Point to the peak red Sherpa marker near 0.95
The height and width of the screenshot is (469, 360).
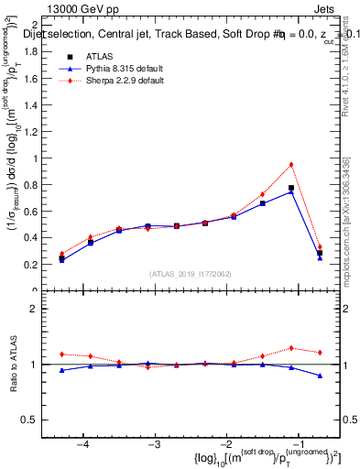[290, 165]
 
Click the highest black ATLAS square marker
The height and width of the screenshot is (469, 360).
[290, 188]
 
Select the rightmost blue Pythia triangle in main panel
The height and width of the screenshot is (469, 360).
[320, 257]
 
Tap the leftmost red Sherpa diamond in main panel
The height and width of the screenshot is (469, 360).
[61, 254]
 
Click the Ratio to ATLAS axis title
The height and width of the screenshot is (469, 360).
[12, 364]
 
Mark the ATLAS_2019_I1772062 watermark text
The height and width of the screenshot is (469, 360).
[191, 274]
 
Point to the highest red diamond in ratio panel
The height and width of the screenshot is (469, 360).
[290, 348]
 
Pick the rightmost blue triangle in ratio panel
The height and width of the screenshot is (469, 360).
[320, 376]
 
